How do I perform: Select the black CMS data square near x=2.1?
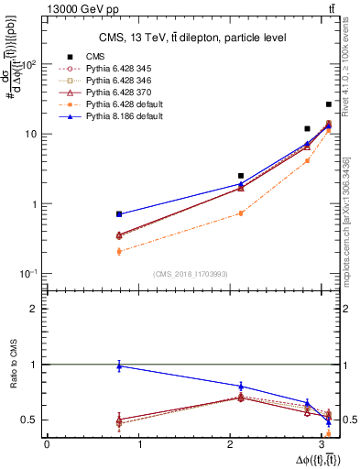241,176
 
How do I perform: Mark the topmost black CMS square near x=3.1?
329,104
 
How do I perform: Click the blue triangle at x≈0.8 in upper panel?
119,213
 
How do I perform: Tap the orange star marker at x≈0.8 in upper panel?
119,251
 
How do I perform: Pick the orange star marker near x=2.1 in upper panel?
241,213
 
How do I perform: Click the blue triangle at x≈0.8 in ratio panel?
119,366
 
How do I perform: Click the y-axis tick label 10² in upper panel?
28,65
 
